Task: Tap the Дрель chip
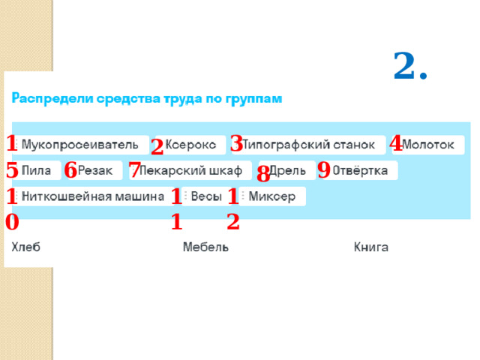pos(287,171)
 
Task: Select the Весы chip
pos(205,196)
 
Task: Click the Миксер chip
pos(271,196)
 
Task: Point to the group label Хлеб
pos(25,247)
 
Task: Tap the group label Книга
pos(371,247)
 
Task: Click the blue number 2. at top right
pos(410,67)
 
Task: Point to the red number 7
pos(135,169)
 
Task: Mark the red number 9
pos(324,169)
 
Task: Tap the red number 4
pos(397,142)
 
